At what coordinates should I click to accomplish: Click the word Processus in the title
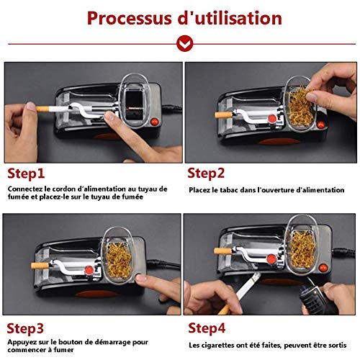pyautogui.click(x=129, y=19)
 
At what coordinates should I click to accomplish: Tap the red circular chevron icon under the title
pyautogui.click(x=184, y=43)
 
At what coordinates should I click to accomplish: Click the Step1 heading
pyautogui.click(x=26, y=174)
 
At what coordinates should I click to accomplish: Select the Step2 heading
pyautogui.click(x=206, y=174)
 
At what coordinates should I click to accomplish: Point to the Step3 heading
pyautogui.click(x=25, y=328)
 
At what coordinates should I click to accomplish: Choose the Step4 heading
pyautogui.click(x=207, y=328)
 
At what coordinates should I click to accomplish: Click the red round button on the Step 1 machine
pyautogui.click(x=155, y=122)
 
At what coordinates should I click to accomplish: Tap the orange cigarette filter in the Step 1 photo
pyautogui.click(x=42, y=109)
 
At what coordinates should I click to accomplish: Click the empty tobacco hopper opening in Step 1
pyautogui.click(x=135, y=105)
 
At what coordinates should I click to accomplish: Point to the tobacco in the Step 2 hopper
pyautogui.click(x=300, y=108)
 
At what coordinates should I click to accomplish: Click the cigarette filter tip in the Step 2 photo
pyautogui.click(x=223, y=114)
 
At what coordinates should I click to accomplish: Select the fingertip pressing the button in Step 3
pyautogui.click(x=141, y=279)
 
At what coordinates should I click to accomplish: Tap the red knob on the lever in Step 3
pyautogui.click(x=89, y=270)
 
